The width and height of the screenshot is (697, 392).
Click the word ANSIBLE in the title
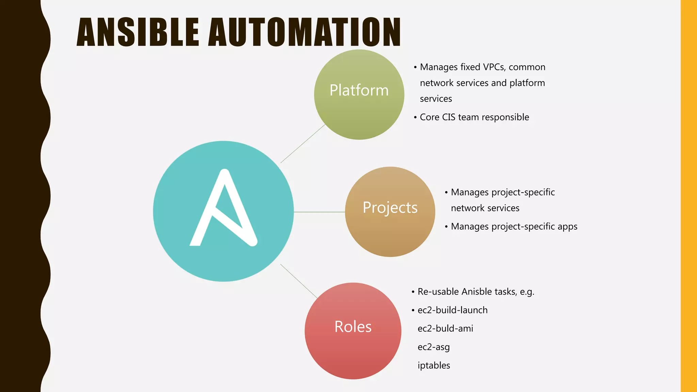pyautogui.click(x=138, y=32)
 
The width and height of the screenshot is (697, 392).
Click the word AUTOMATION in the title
pyautogui.click(x=305, y=32)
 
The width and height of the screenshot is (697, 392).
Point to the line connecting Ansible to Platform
pyautogui.click(x=303, y=144)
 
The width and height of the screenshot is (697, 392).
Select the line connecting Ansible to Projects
pyautogui.click(x=319, y=212)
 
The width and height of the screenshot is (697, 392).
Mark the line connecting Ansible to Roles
pyautogui.click(x=299, y=281)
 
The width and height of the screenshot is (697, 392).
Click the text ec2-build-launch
pyautogui.click(x=453, y=310)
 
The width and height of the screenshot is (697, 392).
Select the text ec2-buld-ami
pyautogui.click(x=445, y=328)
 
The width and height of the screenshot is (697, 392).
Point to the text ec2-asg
pyautogui.click(x=434, y=347)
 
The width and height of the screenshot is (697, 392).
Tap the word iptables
pyautogui.click(x=434, y=365)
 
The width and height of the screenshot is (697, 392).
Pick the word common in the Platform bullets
pyautogui.click(x=527, y=67)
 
